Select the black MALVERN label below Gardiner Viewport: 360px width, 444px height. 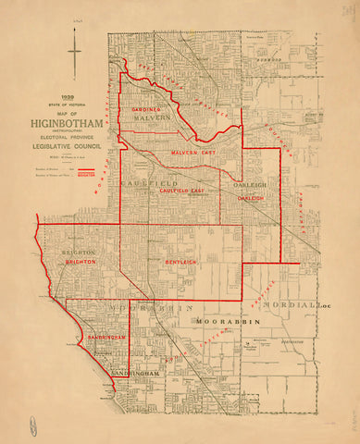(153, 119)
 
